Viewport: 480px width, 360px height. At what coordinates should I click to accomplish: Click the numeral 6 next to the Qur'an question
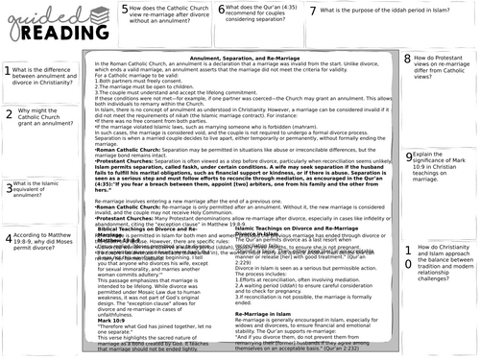(x=222, y=10)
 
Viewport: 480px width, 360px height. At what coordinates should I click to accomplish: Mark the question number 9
(x=409, y=128)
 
